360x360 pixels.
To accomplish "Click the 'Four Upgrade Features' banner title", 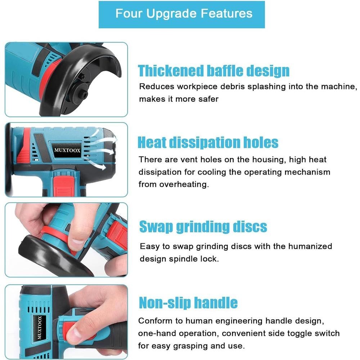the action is [184, 13].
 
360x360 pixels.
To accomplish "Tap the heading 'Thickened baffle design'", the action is [213, 71].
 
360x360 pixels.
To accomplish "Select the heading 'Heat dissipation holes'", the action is [208, 143].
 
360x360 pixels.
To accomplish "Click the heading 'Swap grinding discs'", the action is [203, 226].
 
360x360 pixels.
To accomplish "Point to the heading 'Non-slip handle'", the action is [188, 303].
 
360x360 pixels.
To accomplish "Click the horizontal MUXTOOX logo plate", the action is [67, 150].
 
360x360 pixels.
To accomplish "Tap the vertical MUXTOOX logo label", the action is [40, 328].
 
